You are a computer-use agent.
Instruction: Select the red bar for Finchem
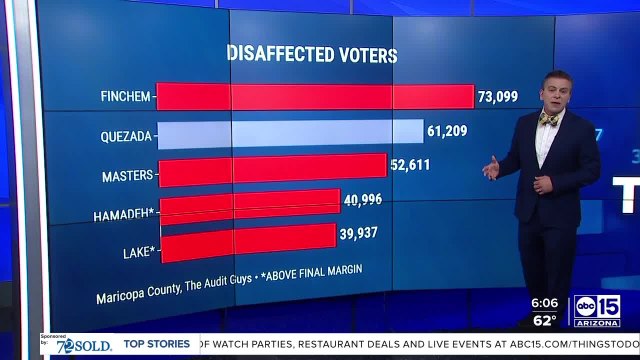(x=315, y=97)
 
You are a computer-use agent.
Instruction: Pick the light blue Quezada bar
(x=290, y=133)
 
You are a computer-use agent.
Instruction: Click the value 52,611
(x=411, y=165)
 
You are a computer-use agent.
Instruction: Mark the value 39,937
(x=361, y=234)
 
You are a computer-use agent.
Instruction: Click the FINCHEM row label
(x=125, y=97)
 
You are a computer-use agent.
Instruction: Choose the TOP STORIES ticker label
(x=157, y=344)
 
